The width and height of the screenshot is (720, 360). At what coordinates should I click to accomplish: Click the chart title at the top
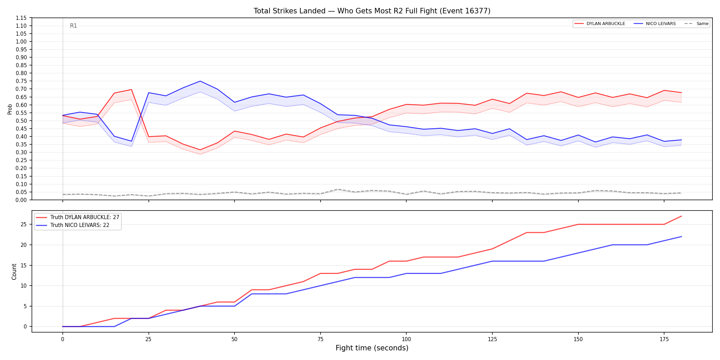372,11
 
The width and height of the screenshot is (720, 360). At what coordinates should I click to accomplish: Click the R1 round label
73,26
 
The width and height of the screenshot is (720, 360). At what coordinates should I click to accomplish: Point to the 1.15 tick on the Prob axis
21,18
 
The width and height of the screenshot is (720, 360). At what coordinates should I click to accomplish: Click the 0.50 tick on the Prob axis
21,121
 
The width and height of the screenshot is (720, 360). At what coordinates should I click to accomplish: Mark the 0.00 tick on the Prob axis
21,200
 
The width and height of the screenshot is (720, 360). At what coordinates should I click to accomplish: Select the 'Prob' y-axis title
10,109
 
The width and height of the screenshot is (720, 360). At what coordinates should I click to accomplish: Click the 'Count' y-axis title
14,272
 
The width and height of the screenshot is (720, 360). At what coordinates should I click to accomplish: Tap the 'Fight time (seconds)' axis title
372,348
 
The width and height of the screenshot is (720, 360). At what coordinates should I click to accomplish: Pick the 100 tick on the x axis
406,339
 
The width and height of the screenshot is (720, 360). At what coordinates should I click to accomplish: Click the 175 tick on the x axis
664,339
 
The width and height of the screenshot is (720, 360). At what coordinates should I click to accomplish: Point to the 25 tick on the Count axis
24,225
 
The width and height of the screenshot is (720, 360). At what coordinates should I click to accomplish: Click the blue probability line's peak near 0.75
200,81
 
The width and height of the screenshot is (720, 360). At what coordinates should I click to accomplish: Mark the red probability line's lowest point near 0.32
200,150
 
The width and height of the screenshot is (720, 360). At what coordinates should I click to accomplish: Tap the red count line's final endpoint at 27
681,216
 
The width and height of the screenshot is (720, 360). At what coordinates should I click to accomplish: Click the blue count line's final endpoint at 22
681,237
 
